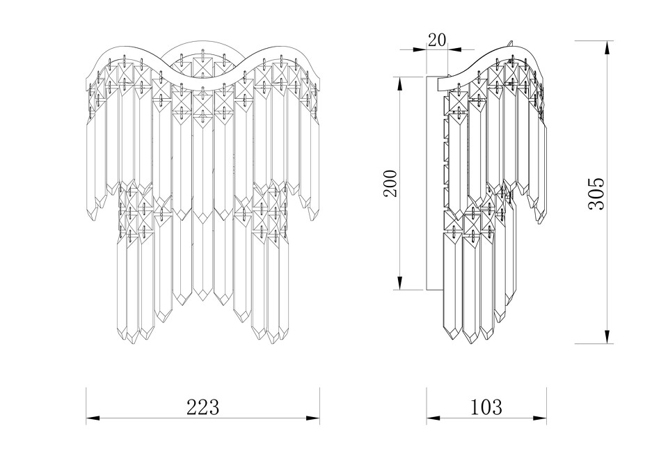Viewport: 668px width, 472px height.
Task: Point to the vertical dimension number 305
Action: coord(596,193)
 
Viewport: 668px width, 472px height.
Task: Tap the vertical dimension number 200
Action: coord(390,183)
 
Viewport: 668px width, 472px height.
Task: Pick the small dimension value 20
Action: coord(437,40)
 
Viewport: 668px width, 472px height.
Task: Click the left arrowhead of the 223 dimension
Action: coord(93,418)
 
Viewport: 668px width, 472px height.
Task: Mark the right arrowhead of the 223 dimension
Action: coord(314,418)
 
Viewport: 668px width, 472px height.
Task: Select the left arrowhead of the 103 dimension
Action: coord(433,418)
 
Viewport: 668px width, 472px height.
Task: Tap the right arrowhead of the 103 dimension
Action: coord(540,418)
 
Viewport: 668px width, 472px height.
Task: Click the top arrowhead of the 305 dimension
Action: coord(607,47)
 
